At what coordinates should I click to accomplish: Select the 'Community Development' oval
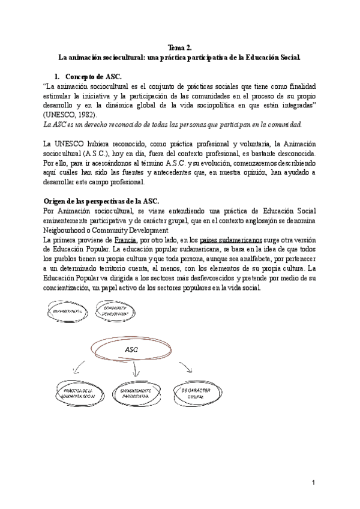click(115, 311)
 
